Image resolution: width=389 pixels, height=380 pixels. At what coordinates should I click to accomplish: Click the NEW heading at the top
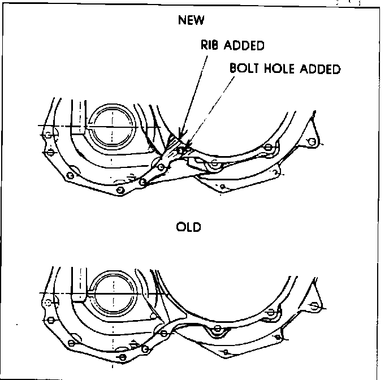(x=191, y=21)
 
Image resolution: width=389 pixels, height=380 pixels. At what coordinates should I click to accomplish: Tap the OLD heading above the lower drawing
(x=189, y=227)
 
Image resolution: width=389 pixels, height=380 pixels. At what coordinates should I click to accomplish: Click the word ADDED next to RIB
(x=245, y=45)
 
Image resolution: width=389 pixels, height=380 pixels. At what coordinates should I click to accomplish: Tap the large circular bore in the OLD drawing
(x=113, y=293)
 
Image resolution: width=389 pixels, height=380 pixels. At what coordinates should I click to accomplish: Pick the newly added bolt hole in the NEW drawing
(x=180, y=150)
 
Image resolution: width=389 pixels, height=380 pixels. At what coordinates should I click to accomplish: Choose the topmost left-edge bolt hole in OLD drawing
(x=49, y=304)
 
